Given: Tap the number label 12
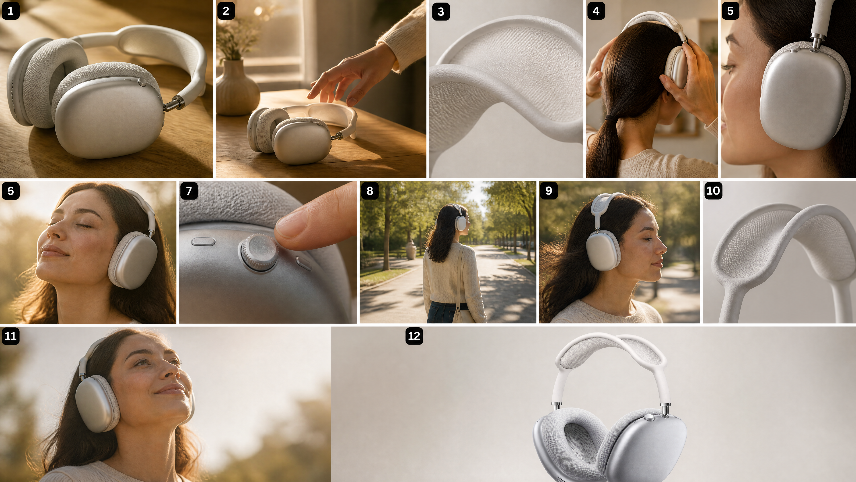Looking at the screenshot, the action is tap(414, 336).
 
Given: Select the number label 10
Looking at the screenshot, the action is tap(713, 191).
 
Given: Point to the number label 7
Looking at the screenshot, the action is tap(189, 191).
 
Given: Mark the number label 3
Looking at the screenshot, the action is tap(441, 12).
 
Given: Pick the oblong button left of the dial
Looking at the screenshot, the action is tap(203, 241).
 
